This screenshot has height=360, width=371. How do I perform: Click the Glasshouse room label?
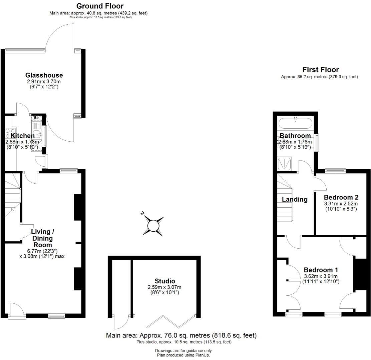pyautogui.click(x=44, y=75)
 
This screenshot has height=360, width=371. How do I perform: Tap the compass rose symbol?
pyautogui.click(x=153, y=226)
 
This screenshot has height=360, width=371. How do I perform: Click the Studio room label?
pyautogui.click(x=165, y=281)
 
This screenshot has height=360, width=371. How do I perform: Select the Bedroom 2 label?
pyautogui.click(x=340, y=197)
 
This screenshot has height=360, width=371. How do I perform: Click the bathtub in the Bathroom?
pyautogui.click(x=296, y=123)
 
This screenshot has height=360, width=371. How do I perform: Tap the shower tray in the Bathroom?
pyautogui.click(x=284, y=164)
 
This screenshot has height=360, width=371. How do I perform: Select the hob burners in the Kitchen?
pyautogui.click(x=10, y=133)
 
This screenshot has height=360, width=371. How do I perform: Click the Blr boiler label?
pyautogui.click(x=36, y=118)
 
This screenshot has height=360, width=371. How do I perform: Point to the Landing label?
pyautogui.click(x=295, y=199)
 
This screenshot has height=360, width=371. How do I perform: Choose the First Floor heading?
pyautogui.click(x=320, y=70)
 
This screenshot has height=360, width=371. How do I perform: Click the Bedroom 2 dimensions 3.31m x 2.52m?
pyautogui.click(x=341, y=203)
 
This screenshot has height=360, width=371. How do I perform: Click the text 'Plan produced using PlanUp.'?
pyautogui.click(x=183, y=355)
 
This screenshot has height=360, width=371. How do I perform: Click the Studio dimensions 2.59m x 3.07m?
pyautogui.click(x=165, y=287)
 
